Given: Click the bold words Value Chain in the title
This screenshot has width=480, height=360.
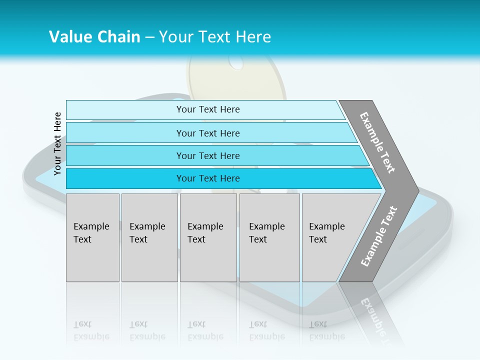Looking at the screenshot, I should point(94,37).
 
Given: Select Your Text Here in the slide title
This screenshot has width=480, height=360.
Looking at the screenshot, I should point(215,37).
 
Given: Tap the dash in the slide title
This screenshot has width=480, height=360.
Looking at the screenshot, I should point(149,37).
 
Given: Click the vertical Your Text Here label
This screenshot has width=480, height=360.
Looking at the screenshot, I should point(57,143).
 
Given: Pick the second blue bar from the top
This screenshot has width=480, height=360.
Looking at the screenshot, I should point(207,133).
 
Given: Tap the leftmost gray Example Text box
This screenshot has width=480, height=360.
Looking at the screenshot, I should point(92,237).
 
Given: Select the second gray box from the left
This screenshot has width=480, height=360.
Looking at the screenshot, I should point(149,237).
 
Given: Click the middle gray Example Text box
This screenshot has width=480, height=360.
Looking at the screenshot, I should point(208,237).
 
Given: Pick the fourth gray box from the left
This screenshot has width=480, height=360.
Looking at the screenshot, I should point(269,237).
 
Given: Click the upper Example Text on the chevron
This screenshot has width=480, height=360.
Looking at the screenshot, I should point(377,142).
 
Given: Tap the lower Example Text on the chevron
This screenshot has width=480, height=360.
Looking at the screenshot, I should point(379,236).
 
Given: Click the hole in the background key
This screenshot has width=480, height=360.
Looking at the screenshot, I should point(236,63).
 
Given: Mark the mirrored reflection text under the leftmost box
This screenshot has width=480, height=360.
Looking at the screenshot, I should point(91,330).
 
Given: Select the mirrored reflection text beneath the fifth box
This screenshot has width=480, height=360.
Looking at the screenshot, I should point(327,330).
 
